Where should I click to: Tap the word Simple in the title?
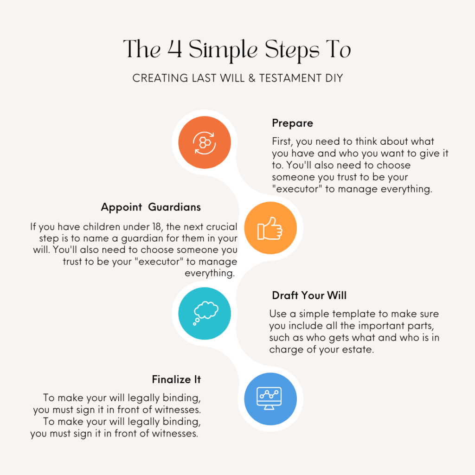[x=223, y=51]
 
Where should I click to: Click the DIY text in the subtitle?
[x=334, y=78]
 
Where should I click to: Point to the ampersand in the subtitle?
[x=252, y=78]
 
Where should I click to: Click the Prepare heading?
[x=292, y=123]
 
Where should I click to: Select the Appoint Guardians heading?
[x=151, y=207]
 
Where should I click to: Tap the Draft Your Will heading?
[x=309, y=295]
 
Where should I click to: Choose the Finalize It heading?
[x=176, y=379]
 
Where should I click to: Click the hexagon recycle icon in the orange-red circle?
[x=205, y=143]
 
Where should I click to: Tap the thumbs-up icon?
[x=270, y=228]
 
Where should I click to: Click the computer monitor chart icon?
[x=269, y=398]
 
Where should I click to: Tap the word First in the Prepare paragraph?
[x=282, y=141]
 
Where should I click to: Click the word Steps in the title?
[x=292, y=51]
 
